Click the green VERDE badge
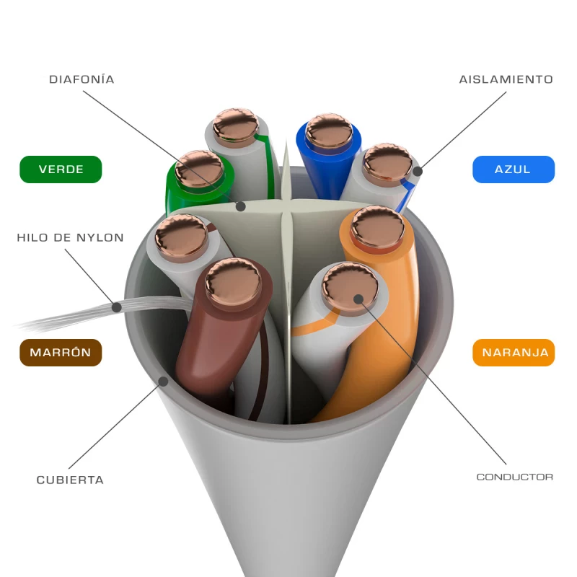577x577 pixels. pyautogui.click(x=61, y=169)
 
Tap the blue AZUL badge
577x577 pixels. pyautogui.click(x=513, y=169)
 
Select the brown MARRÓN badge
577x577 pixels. pyautogui.click(x=61, y=353)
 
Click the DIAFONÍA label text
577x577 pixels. pyautogui.click(x=82, y=79)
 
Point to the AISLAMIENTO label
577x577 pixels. pyautogui.click(x=506, y=79)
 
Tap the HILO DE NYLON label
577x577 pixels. pyautogui.click(x=70, y=237)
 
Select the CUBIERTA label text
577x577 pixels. pyautogui.click(x=70, y=480)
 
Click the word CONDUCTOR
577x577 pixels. pyautogui.click(x=514, y=477)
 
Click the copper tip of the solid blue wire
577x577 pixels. pyautogui.click(x=329, y=131)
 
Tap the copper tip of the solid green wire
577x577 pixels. pyautogui.click(x=200, y=169)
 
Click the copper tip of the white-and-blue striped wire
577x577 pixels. pyautogui.click(x=387, y=162)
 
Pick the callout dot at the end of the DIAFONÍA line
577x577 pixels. pyautogui.click(x=241, y=206)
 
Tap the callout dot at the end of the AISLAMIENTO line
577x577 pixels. pyautogui.click(x=417, y=172)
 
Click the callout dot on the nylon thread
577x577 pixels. pyautogui.click(x=117, y=307)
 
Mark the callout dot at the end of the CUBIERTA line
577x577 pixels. pyautogui.click(x=164, y=380)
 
